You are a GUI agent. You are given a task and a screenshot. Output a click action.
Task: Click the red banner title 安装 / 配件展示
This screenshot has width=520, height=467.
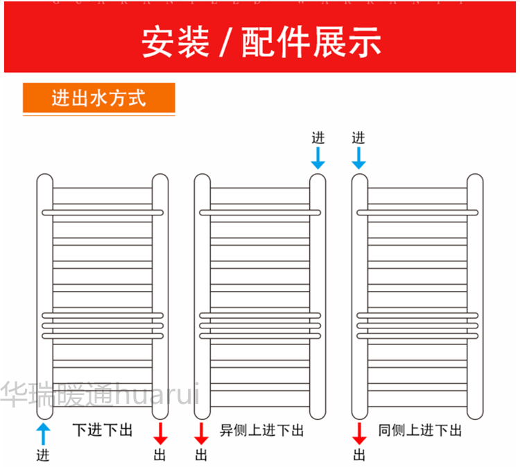[x=261, y=43]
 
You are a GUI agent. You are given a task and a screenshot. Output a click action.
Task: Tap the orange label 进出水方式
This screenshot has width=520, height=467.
[x=98, y=98]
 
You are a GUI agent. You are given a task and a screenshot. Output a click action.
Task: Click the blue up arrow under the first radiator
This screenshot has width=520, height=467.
[x=43, y=433]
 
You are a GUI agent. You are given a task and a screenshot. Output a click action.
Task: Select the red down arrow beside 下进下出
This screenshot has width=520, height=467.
[x=160, y=433]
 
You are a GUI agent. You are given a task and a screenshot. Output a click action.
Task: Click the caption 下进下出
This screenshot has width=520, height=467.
[x=102, y=430]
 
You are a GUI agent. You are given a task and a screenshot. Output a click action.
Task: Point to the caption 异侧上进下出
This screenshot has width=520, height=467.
[x=261, y=430]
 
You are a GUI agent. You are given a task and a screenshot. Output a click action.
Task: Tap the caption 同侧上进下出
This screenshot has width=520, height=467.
[x=419, y=430]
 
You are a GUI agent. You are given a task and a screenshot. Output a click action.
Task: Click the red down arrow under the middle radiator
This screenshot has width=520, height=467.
[x=202, y=433]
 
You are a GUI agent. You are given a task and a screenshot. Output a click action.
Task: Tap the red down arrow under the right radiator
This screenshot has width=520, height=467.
[x=359, y=433]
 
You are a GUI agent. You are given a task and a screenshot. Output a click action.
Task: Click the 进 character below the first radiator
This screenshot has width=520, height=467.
[x=43, y=455]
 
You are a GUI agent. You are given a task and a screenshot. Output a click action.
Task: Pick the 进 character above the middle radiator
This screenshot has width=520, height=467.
[x=318, y=137]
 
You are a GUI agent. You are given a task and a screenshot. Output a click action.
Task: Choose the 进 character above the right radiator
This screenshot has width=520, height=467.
[x=358, y=137]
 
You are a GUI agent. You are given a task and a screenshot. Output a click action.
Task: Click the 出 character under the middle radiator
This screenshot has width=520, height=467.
[x=202, y=455]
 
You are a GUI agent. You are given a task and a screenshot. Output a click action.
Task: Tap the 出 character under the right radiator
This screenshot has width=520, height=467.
[x=359, y=455]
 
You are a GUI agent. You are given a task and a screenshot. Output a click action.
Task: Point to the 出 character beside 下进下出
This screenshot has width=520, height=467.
[x=160, y=455]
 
